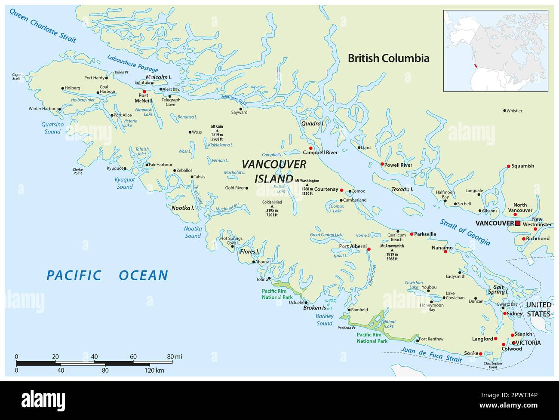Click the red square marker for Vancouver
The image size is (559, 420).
click(x=518, y=223)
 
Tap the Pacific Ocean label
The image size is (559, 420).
click(x=107, y=275)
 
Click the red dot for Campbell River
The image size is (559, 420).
click(x=310, y=148)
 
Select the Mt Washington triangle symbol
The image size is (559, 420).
click(x=307, y=185)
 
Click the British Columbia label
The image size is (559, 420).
click(x=388, y=58)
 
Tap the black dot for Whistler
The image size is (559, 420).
click(x=505, y=110)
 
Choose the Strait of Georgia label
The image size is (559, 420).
click(x=465, y=232)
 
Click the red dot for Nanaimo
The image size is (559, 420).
click(x=445, y=251)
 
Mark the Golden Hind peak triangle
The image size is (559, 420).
click(x=272, y=206)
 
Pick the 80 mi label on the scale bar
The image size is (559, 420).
click(x=174, y=356)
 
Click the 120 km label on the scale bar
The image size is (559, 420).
click(x=154, y=371)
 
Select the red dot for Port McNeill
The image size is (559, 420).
click(x=144, y=92)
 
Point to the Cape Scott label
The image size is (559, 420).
click(x=16, y=77)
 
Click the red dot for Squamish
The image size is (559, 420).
click(x=508, y=166)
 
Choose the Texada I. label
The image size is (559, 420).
click(x=402, y=189)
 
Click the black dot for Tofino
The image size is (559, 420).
click(x=269, y=279)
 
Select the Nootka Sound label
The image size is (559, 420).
click(x=193, y=232)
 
